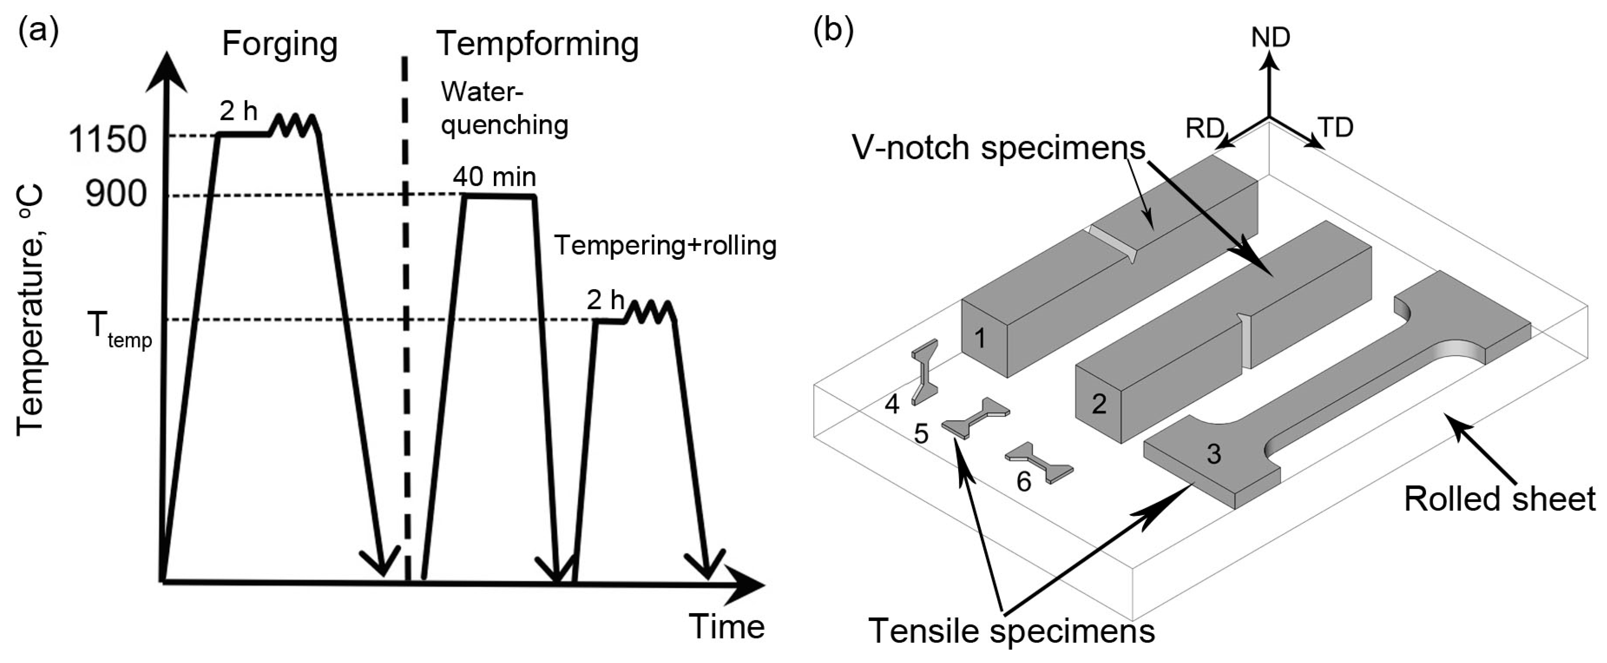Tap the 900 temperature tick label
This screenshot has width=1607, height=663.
(x=116, y=195)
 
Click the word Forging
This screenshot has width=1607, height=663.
(x=280, y=44)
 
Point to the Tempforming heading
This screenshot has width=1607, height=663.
(x=538, y=44)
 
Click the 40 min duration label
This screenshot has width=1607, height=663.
(x=494, y=177)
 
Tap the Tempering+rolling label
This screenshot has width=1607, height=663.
(x=665, y=246)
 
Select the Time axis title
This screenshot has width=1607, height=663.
(x=726, y=626)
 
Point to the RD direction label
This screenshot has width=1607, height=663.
(x=1204, y=129)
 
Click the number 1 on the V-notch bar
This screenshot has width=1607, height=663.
(x=979, y=339)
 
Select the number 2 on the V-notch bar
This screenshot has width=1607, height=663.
(x=1098, y=404)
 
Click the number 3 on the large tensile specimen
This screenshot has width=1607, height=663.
(x=1213, y=454)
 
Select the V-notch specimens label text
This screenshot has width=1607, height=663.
(x=998, y=148)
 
